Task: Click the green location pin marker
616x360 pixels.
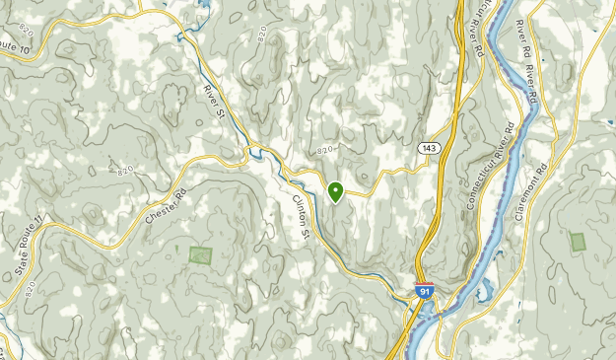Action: point(335,191)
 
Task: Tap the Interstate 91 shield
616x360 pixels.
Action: point(423,291)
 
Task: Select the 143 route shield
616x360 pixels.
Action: point(427,148)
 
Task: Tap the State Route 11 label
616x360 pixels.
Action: point(25,248)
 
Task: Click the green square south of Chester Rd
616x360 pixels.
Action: point(200,254)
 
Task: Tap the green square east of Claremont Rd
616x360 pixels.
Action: point(578,241)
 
